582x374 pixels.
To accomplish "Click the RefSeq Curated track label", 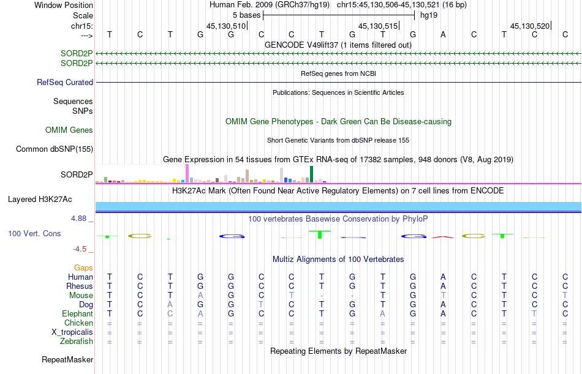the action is [64, 83].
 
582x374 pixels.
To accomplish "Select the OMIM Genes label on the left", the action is [69, 130].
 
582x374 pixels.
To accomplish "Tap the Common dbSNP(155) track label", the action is [55, 149].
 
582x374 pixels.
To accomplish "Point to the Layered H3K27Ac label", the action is [40, 200].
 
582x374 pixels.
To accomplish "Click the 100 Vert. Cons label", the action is [34, 233].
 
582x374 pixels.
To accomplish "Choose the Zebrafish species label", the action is [77, 342].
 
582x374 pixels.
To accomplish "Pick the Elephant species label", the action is [78, 314].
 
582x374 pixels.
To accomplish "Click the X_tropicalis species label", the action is [72, 332].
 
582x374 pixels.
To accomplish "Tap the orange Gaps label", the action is [83, 268].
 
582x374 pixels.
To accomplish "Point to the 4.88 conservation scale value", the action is [78, 219].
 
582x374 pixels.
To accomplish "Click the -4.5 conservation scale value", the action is [80, 249].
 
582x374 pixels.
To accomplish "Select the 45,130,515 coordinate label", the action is [378, 26].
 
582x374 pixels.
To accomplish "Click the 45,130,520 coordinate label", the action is [530, 26].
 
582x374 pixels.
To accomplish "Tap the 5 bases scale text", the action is [246, 15].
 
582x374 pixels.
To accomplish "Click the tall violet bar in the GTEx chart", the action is [187, 173].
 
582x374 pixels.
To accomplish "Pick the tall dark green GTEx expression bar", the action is [311, 174].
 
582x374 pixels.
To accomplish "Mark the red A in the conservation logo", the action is [443, 237].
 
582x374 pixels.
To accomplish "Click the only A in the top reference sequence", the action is [443, 34].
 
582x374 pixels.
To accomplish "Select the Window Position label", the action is [64, 5].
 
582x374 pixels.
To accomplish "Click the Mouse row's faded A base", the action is [200, 295].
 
